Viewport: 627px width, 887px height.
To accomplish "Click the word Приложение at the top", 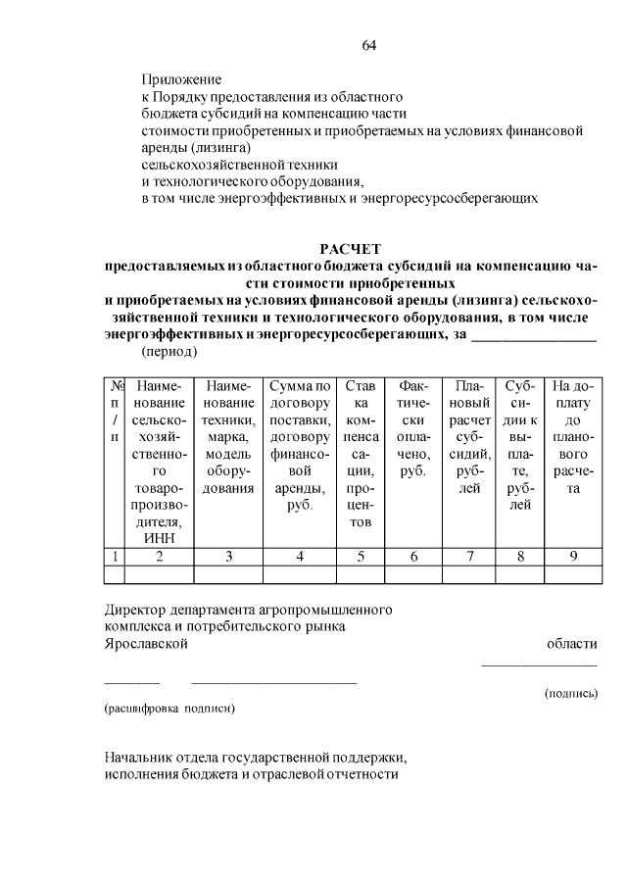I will [181, 79].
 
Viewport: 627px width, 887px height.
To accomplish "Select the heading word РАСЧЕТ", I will [350, 249].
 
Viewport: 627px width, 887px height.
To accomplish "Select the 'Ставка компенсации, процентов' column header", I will [361, 454].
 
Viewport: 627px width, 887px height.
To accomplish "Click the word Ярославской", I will [146, 643].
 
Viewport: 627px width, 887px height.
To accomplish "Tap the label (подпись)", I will [570, 693].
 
